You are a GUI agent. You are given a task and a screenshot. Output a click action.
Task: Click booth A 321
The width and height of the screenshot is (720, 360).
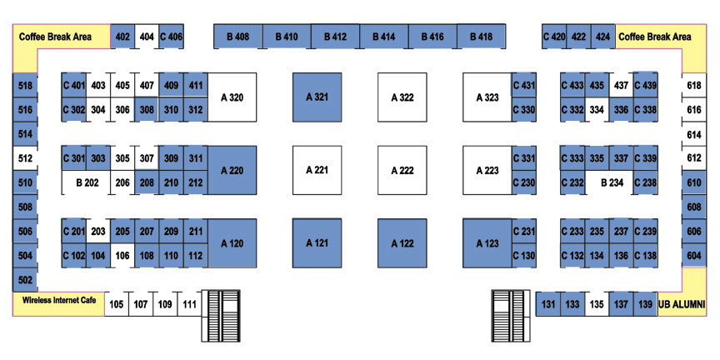point(317,97)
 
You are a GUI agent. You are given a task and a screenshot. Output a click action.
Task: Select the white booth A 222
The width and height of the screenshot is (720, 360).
point(402,170)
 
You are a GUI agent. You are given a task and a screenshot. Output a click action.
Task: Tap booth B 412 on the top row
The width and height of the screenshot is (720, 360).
point(335,37)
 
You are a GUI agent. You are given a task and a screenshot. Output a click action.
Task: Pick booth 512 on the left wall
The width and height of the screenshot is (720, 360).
point(25,158)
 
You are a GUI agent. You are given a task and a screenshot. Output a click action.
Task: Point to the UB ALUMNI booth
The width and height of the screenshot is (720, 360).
point(682,304)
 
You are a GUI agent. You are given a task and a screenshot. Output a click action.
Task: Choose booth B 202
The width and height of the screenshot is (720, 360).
point(87,182)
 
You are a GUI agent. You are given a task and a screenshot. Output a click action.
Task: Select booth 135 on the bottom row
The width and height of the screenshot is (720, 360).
point(597,304)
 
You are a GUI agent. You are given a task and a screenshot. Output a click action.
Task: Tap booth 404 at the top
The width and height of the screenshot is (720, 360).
point(147,37)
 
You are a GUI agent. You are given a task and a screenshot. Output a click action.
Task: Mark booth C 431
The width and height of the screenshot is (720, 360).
point(524,85)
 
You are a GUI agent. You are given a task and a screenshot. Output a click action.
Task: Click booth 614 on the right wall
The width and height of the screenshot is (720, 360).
point(694,134)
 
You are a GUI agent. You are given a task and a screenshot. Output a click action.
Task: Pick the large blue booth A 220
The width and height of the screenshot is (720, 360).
point(232,170)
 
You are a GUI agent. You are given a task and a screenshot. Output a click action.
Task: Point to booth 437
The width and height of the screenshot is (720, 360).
point(621,85)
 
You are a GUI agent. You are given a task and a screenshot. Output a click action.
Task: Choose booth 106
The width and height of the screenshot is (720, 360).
point(122,255)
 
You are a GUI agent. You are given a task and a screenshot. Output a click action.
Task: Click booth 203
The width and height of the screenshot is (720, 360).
point(98,231)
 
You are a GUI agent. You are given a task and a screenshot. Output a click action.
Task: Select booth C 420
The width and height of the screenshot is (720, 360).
point(554,37)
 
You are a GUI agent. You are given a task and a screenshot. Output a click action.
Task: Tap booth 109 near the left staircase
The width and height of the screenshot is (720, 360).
point(165,304)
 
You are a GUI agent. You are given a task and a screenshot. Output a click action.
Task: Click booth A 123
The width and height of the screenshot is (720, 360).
point(487,243)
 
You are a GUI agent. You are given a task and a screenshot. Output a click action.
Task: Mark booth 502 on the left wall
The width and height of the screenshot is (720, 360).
point(25,280)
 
